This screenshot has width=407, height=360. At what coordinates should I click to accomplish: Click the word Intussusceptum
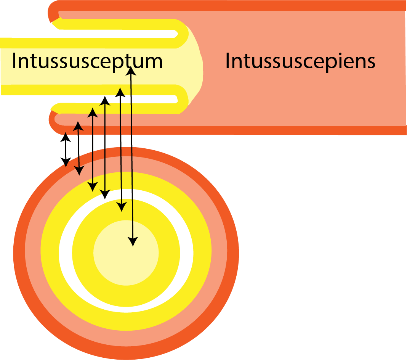tap(87, 61)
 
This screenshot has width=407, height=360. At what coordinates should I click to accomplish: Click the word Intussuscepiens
tap(300, 61)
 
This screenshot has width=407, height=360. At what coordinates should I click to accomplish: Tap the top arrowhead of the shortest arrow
tap(66, 135)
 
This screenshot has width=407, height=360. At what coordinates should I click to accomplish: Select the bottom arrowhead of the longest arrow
tap(133, 243)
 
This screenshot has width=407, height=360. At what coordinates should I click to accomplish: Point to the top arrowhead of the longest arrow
tap(130, 69)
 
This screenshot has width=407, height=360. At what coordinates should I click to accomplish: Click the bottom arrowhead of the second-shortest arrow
tap(79, 172)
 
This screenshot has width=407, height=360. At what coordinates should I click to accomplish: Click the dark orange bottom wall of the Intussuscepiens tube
tap(267, 130)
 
